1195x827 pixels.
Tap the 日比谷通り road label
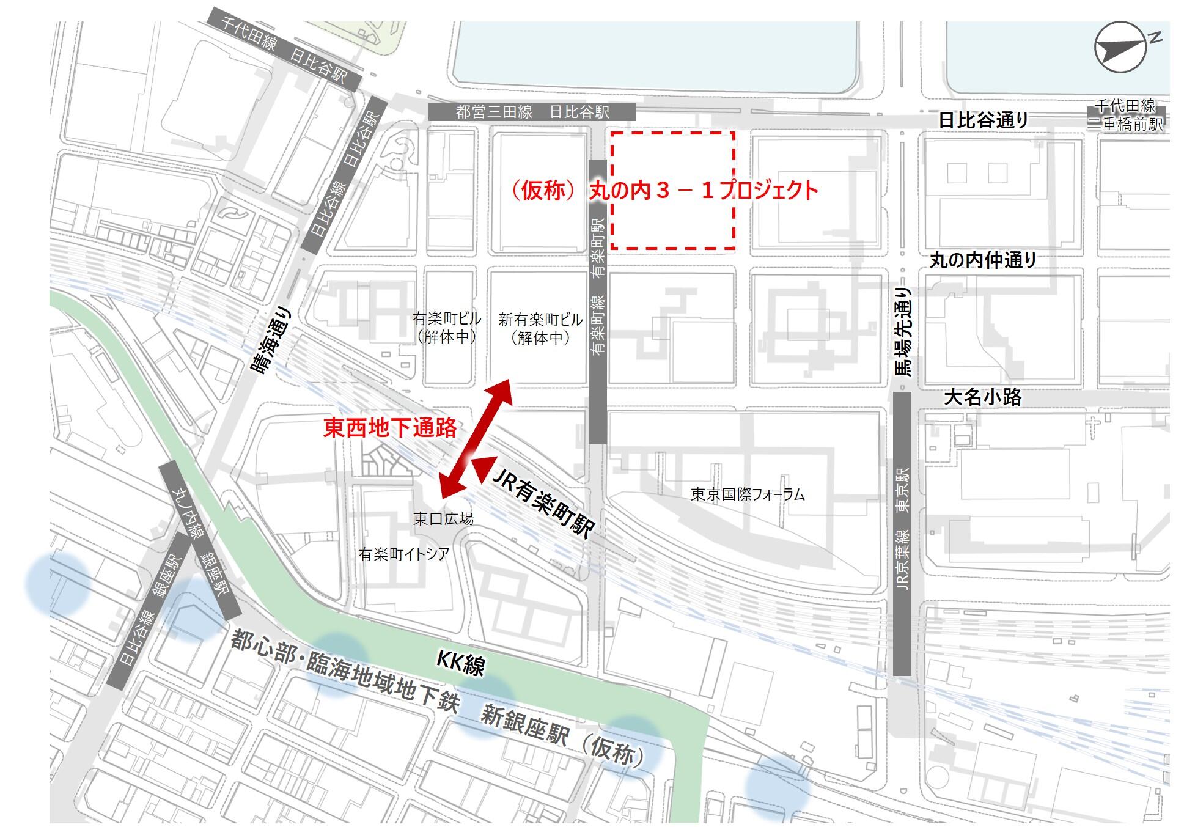tap(983, 120)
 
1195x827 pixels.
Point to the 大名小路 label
tap(982, 398)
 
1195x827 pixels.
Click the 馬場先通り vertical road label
tap(903, 331)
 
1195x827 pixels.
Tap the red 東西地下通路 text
tap(390, 428)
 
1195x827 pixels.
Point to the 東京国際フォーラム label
tap(747, 494)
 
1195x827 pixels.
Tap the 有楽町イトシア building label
tap(404, 554)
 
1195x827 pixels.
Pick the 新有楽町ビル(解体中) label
tap(540, 328)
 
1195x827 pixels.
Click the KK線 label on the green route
tap(461, 663)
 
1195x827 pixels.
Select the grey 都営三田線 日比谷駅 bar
tap(532, 112)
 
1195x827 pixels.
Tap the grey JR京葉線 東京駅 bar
tap(902, 533)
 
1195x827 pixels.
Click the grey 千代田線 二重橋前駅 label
tap(1125, 115)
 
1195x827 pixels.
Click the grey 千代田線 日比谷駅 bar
tap(283, 50)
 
